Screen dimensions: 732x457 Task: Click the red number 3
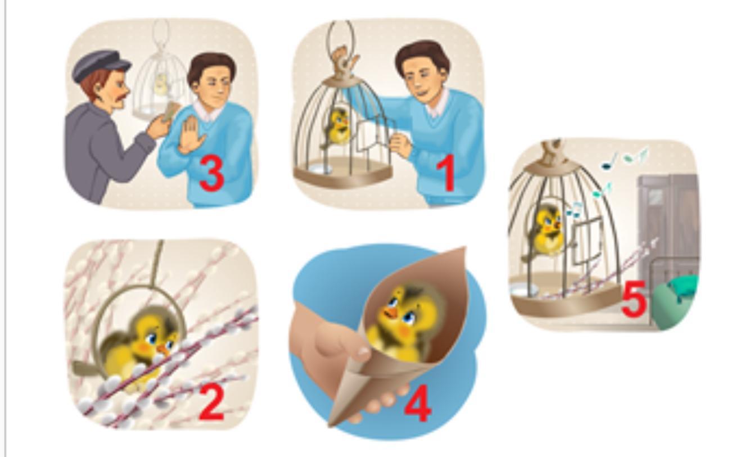pyautogui.click(x=211, y=173)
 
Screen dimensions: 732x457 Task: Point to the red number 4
pyautogui.click(x=418, y=403)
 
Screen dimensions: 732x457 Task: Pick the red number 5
pyautogui.click(x=634, y=299)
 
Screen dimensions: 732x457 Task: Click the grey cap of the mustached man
pyautogui.click(x=100, y=65)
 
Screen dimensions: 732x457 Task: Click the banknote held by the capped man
pyautogui.click(x=170, y=112)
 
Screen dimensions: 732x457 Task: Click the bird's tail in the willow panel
pyautogui.click(x=85, y=368)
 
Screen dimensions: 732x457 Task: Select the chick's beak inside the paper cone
pyautogui.click(x=391, y=313)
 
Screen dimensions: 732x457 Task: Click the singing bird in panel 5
pyautogui.click(x=548, y=231)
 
